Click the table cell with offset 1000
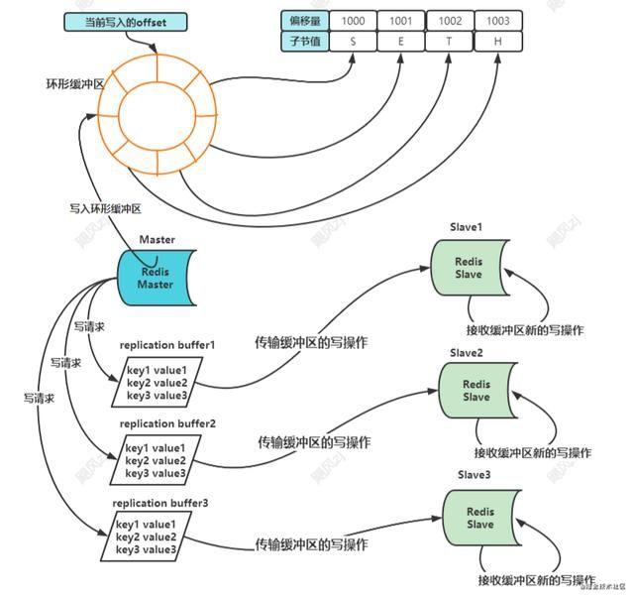353,20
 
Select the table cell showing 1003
498,20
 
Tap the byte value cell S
353,41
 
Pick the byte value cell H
498,41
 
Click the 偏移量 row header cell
304,20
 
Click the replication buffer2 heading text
167,423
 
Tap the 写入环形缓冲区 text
107,208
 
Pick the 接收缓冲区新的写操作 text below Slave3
536,578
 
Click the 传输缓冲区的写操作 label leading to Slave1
313,341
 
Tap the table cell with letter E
401,41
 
